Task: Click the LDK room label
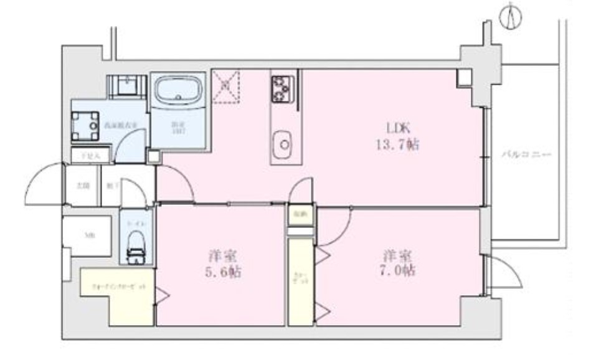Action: click(x=398, y=129)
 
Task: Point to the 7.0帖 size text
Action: click(x=398, y=272)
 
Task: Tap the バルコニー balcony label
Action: click(x=527, y=154)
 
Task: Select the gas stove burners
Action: click(x=281, y=88)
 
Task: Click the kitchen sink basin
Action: click(x=284, y=143)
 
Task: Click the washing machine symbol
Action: click(x=85, y=126)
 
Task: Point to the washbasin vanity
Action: click(x=128, y=87)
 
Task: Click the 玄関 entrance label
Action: click(x=80, y=185)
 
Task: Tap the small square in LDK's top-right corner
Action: click(x=464, y=78)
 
